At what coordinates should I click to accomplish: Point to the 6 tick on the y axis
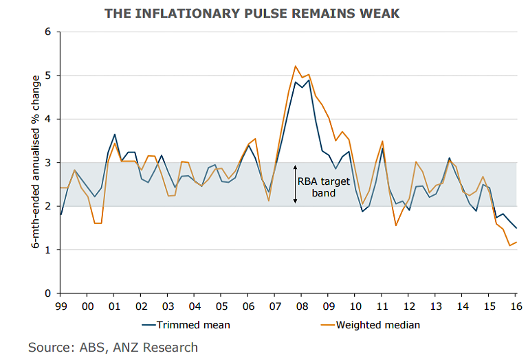coord(47,32)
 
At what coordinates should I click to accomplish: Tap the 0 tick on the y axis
coord(47,293)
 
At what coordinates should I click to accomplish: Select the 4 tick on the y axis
coord(47,119)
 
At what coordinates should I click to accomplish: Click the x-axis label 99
coord(61,306)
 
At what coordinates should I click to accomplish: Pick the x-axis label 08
coord(302,306)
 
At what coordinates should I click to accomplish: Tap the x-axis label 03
coord(168,306)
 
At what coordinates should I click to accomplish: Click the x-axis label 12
coord(408,306)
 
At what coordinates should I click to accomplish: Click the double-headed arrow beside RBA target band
coord(295,184)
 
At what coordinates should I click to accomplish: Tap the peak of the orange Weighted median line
coord(295,66)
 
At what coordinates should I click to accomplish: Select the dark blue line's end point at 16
coord(516,228)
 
